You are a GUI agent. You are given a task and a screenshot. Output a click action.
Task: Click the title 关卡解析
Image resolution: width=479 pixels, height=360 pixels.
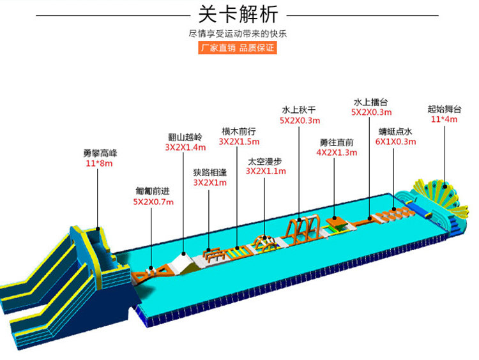238,14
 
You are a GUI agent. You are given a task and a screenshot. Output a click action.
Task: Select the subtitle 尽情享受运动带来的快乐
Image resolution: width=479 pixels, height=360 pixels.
238,33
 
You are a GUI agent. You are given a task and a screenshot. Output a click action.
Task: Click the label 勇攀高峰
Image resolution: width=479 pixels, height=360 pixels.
100,153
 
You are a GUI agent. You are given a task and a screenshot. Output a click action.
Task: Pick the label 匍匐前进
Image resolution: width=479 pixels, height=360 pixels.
153,190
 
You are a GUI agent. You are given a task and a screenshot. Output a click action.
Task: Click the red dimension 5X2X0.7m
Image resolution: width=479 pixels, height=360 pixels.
153,202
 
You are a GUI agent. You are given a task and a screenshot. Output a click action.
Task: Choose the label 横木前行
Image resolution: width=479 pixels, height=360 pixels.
238,131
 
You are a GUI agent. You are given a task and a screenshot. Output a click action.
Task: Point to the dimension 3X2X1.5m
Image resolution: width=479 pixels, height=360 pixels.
238,141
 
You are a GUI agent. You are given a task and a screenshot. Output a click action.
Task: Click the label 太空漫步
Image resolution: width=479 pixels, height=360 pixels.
266,161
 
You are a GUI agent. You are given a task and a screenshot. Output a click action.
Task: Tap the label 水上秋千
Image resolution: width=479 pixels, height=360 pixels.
299,109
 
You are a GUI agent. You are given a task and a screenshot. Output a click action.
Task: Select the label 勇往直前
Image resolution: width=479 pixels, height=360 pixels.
336,142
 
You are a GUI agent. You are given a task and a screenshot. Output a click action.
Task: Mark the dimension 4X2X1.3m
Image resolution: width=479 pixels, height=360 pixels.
336,153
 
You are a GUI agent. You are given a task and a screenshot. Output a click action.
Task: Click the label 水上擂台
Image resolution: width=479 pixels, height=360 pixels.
370,101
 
